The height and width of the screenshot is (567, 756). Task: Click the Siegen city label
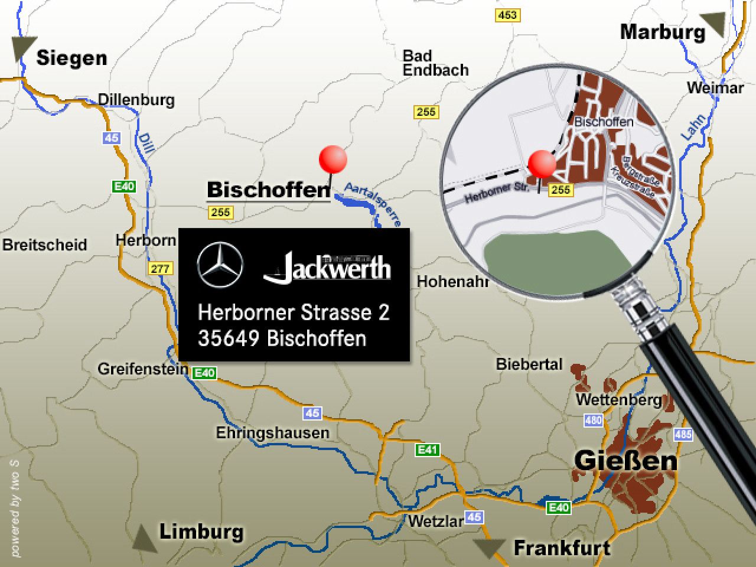click(x=71, y=58)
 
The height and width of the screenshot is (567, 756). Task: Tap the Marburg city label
click(x=662, y=32)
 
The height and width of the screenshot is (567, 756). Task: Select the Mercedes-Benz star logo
click(x=220, y=265)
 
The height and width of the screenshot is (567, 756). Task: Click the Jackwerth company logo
click(x=327, y=268)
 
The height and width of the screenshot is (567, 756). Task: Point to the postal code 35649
click(x=229, y=338)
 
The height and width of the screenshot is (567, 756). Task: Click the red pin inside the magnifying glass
click(x=541, y=165)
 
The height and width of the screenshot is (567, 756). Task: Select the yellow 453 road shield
click(x=507, y=15)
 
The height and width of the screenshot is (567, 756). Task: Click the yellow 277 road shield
click(x=160, y=269)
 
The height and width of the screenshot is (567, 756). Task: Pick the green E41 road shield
click(x=427, y=449)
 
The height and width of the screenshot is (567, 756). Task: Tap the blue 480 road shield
click(x=593, y=421)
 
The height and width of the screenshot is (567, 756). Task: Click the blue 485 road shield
click(x=683, y=434)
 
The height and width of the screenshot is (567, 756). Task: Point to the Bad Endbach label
click(x=435, y=63)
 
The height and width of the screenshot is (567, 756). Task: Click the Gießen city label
click(x=625, y=461)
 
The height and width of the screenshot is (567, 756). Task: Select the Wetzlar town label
click(x=435, y=521)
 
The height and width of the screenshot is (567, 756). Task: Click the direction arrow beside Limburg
click(x=144, y=539)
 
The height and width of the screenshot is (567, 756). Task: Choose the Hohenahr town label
click(x=452, y=282)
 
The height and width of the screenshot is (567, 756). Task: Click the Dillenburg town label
click(x=136, y=99)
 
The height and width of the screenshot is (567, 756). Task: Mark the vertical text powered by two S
click(x=15, y=508)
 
